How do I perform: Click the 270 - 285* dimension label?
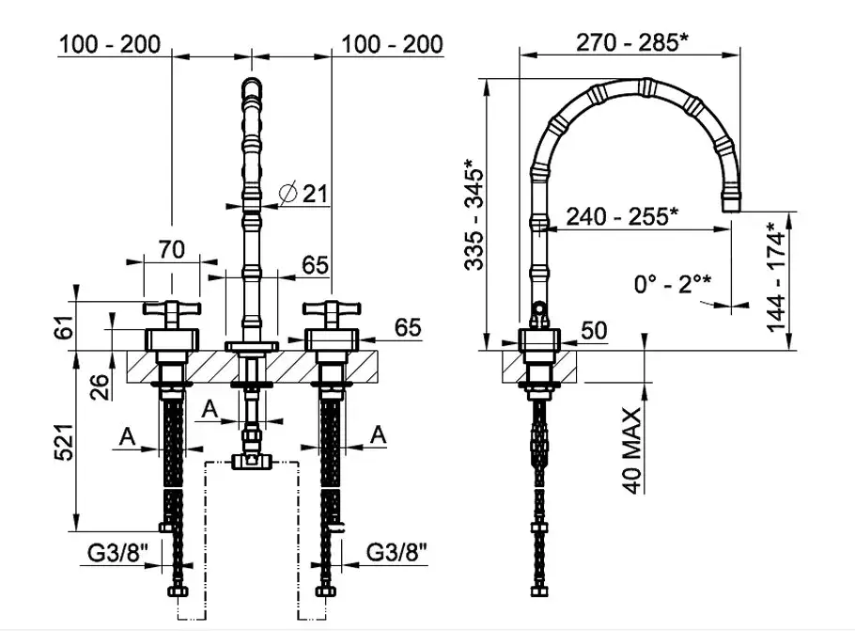(632, 42)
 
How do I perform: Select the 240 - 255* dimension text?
(622, 216)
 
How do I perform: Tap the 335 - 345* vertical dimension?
(474, 214)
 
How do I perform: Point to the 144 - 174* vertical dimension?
(776, 276)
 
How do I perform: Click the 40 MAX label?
(632, 450)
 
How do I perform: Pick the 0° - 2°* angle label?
(673, 284)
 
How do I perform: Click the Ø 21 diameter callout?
(303, 193)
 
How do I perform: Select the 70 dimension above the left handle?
(172, 249)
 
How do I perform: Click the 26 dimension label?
(101, 387)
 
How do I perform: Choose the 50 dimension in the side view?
(594, 330)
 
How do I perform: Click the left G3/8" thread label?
(117, 554)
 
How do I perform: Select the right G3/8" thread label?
(396, 552)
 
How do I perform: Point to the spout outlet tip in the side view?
(732, 205)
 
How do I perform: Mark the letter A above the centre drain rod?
(210, 408)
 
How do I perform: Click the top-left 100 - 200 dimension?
(110, 44)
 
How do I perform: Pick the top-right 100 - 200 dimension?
(392, 44)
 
